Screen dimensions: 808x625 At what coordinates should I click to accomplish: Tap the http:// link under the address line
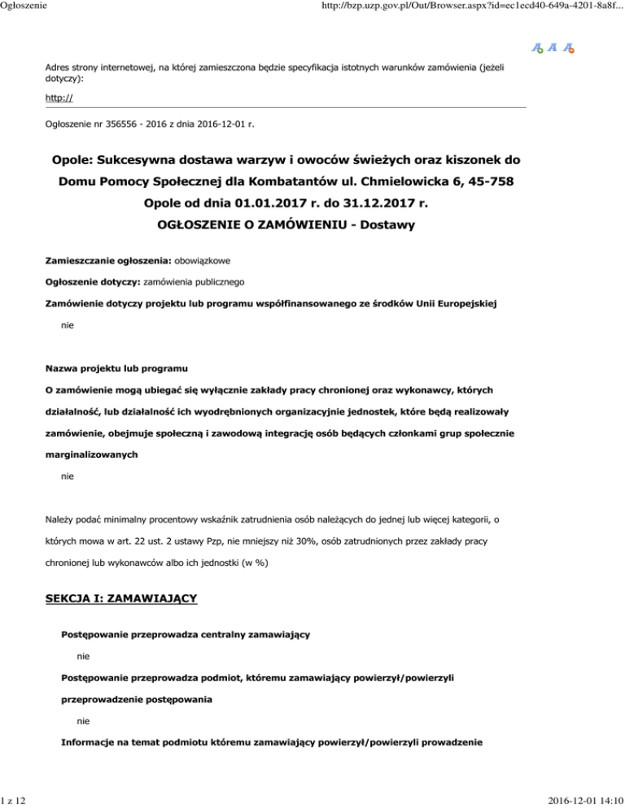pos(56,98)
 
